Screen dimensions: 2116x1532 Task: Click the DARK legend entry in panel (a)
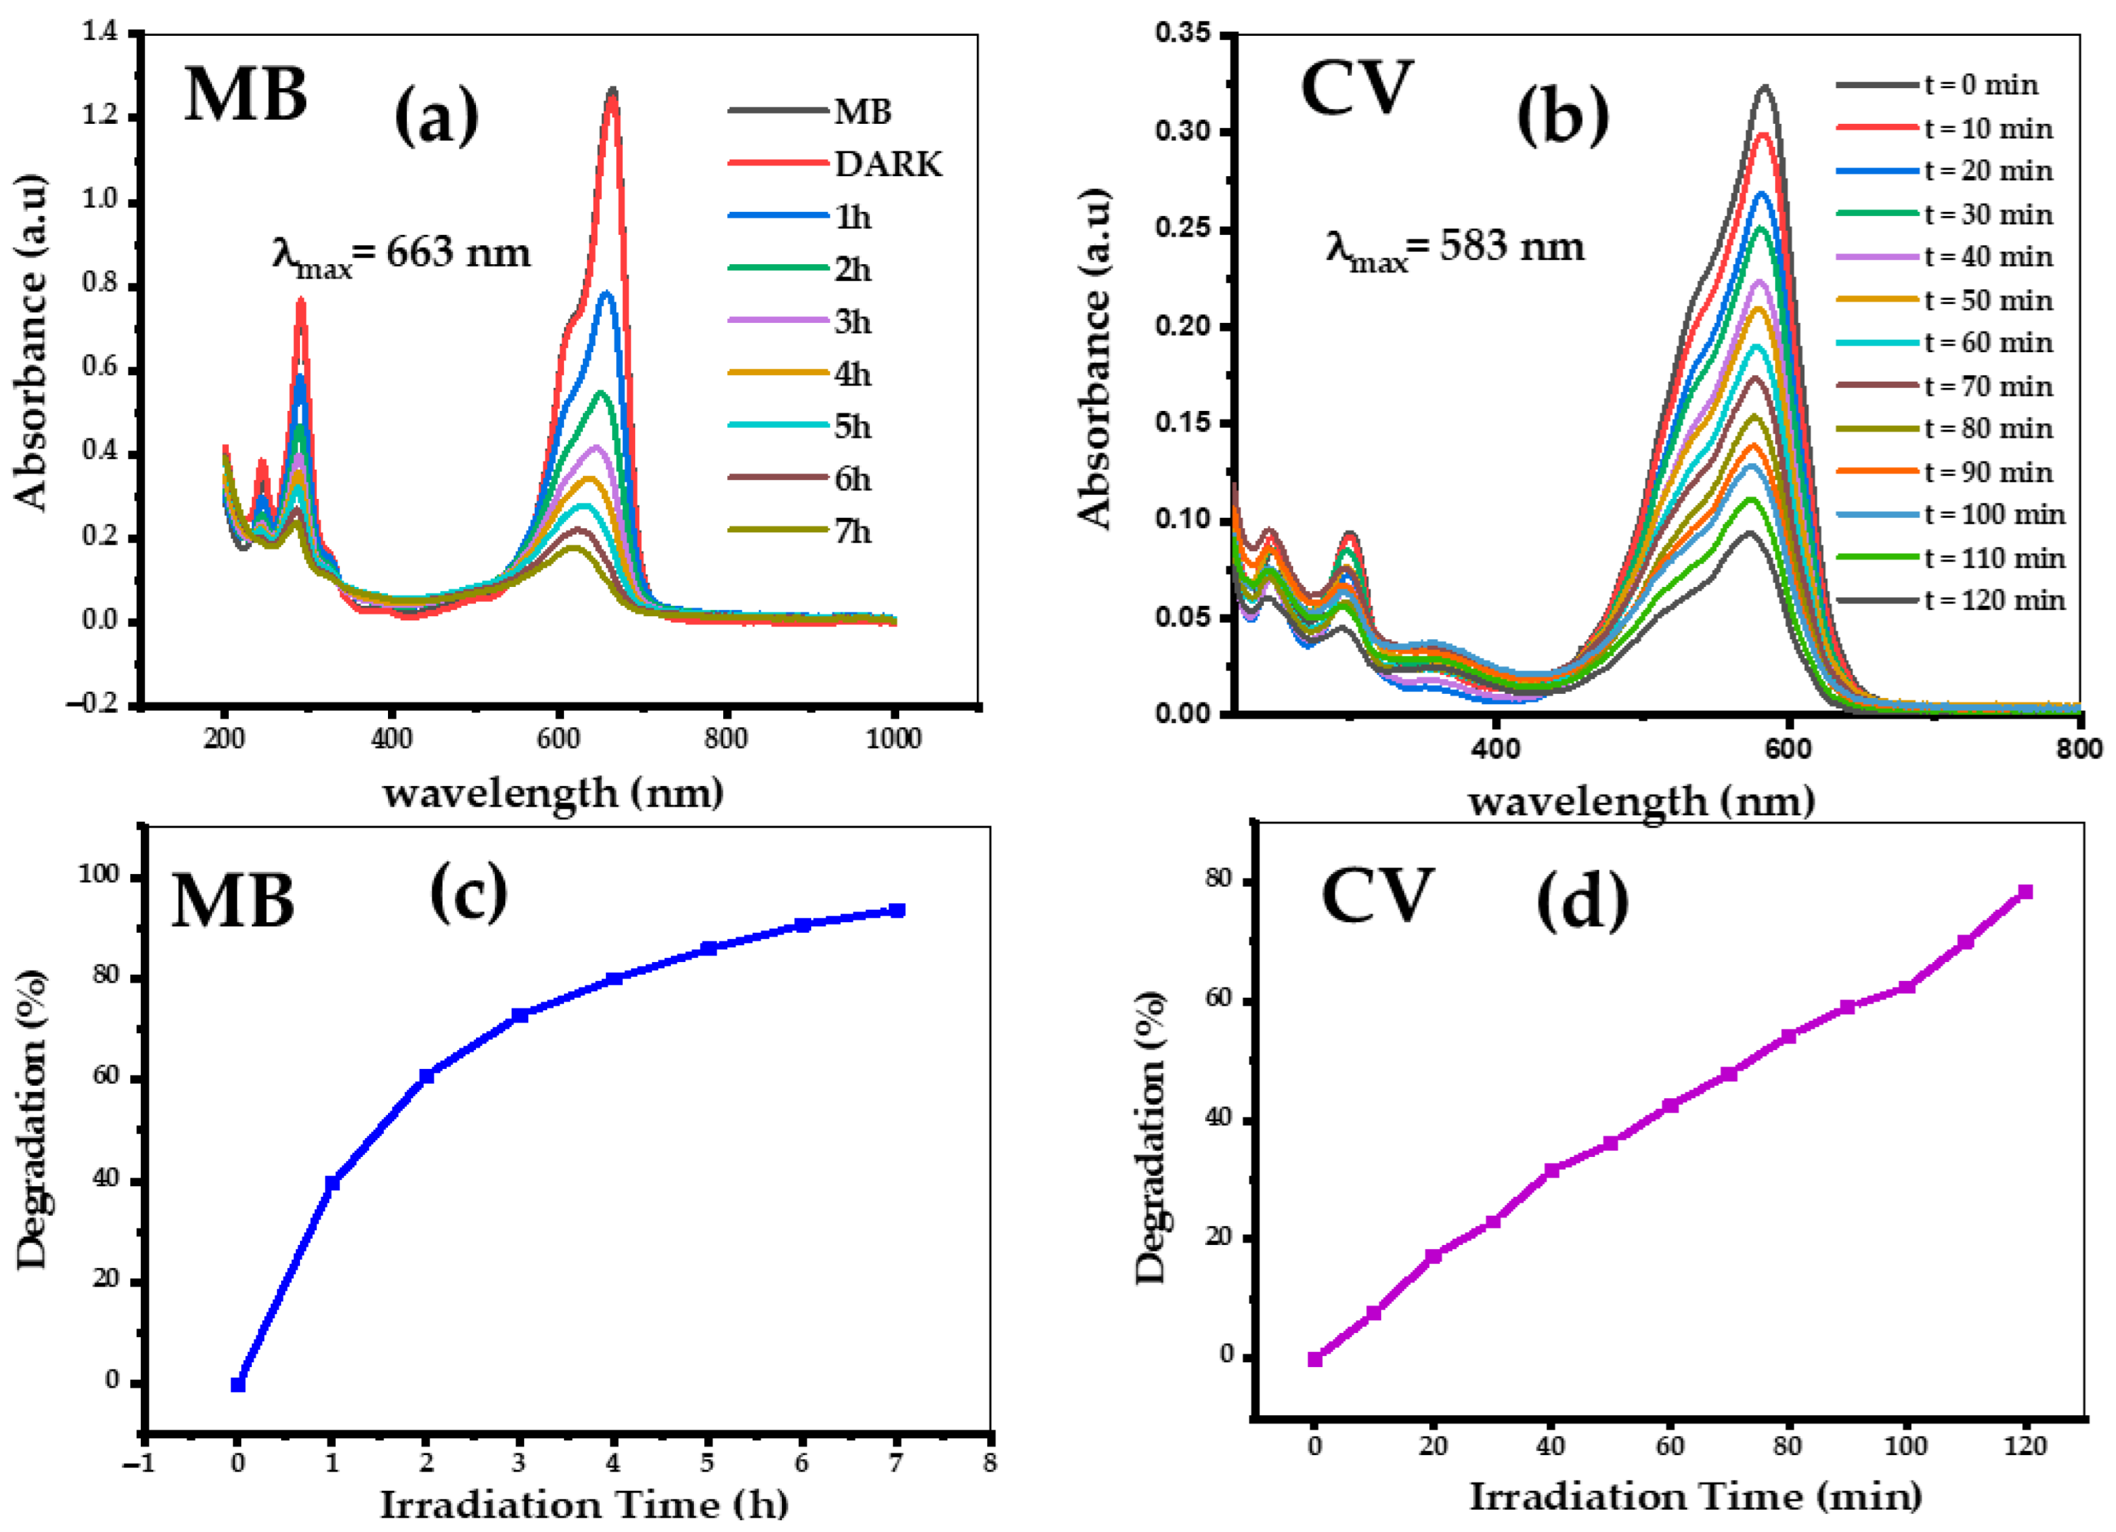(836, 164)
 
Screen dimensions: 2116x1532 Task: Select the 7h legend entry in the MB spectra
(801, 532)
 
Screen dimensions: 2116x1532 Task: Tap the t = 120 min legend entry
(1951, 600)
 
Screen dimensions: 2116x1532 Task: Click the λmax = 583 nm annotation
(1455, 249)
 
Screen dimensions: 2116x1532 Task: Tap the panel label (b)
(1563, 117)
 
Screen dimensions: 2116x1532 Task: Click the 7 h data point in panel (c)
(897, 910)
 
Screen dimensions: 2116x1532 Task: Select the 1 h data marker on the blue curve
(332, 1183)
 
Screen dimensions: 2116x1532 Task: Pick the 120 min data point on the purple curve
(2025, 892)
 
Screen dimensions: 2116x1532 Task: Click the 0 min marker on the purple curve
(1315, 1359)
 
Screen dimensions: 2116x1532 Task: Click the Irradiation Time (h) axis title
(585, 1505)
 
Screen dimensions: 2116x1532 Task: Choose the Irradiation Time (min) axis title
(1696, 1497)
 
